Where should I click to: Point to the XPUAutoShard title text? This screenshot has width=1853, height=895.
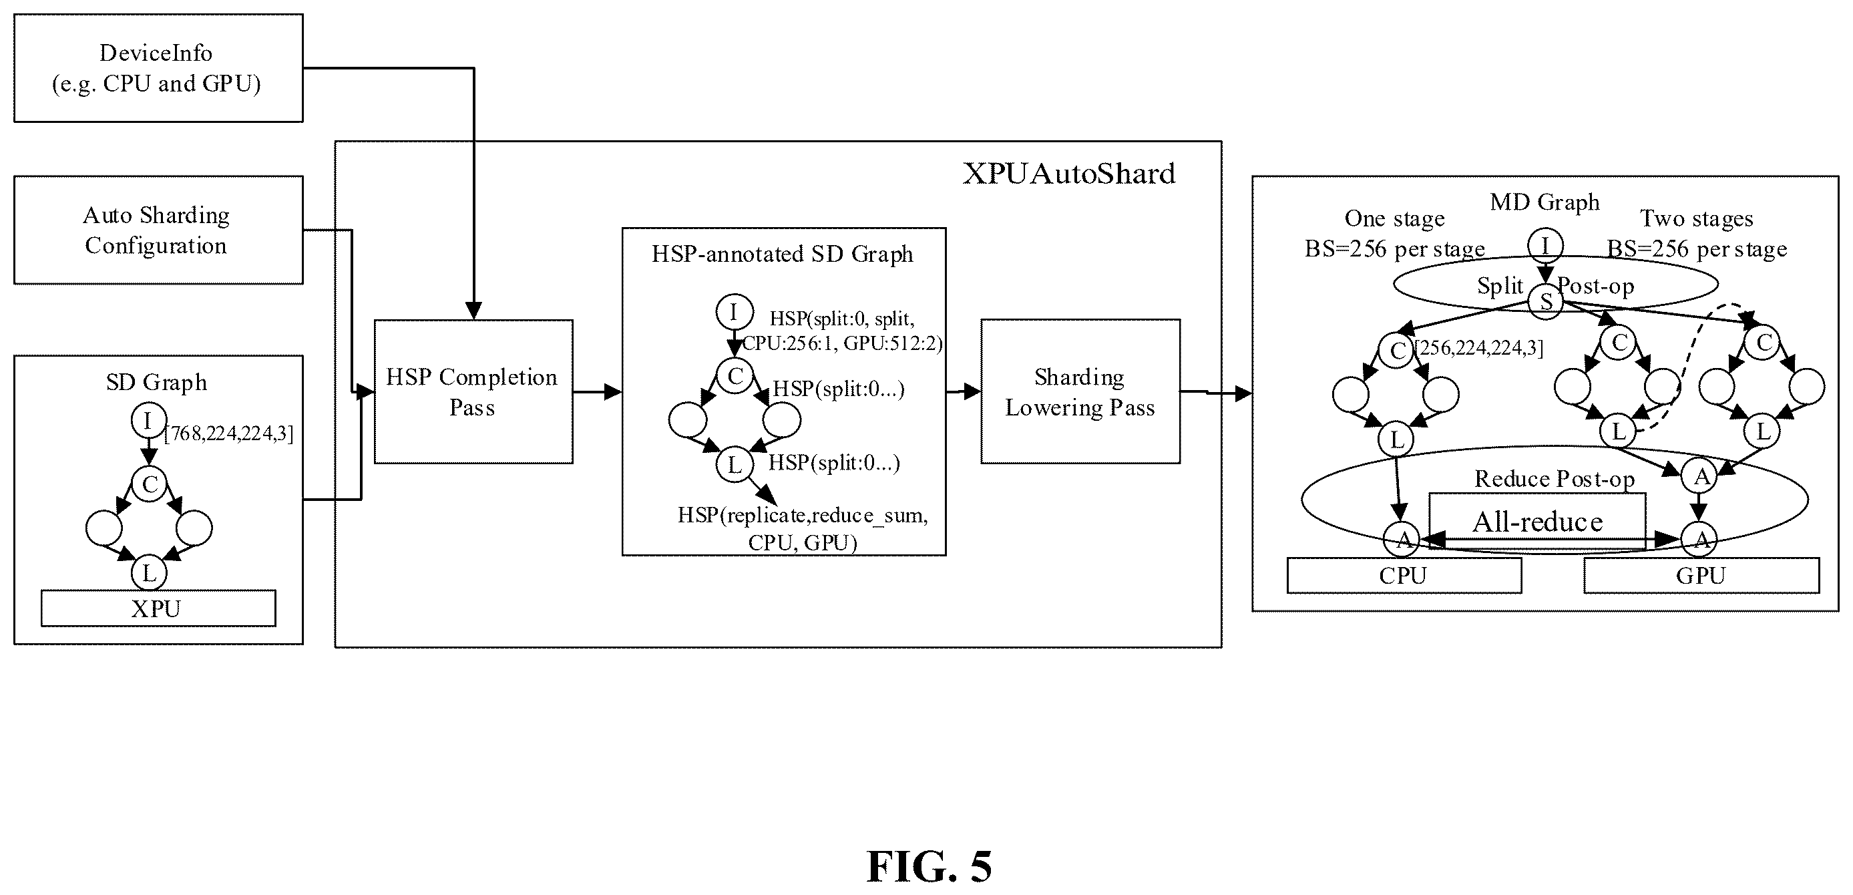click(1069, 174)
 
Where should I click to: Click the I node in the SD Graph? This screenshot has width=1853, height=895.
click(148, 421)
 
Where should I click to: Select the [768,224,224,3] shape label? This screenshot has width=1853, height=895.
click(229, 433)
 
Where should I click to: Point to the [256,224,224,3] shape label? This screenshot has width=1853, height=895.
click(1479, 348)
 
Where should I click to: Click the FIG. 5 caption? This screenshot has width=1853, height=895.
click(930, 866)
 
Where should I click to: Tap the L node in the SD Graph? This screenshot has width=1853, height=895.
click(149, 574)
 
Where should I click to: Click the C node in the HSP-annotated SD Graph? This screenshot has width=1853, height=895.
click(735, 375)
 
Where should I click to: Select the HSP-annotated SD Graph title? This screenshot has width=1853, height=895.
click(783, 254)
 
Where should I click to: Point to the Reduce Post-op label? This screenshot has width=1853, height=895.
click(1555, 478)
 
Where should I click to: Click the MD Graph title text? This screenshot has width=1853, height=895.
click(1545, 202)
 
